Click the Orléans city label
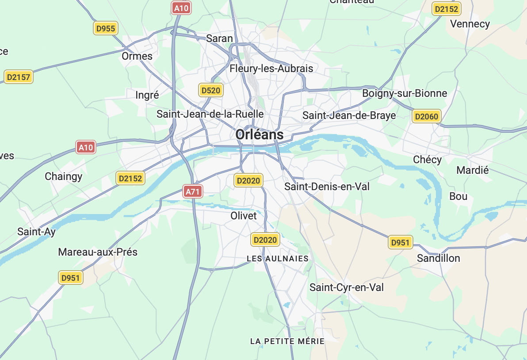[x=260, y=134]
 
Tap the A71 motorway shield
[x=193, y=191]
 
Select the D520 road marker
[x=210, y=90]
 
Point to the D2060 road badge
[x=427, y=116]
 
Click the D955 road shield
[x=106, y=29]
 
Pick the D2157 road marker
[x=19, y=77]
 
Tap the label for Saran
[x=219, y=38]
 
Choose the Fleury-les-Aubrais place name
[x=271, y=69]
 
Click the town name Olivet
[x=244, y=216]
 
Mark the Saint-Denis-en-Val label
[x=327, y=187]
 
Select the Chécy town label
[x=427, y=160]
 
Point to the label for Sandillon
[x=438, y=258]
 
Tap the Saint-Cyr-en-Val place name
[x=347, y=287]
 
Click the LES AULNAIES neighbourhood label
[x=277, y=258]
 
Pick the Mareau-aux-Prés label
[x=98, y=252]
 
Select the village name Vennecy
[x=470, y=24]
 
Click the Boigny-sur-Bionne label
[x=405, y=93]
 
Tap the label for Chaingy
[x=64, y=176]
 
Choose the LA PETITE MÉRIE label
[x=287, y=341]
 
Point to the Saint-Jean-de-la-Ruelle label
[x=210, y=114]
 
